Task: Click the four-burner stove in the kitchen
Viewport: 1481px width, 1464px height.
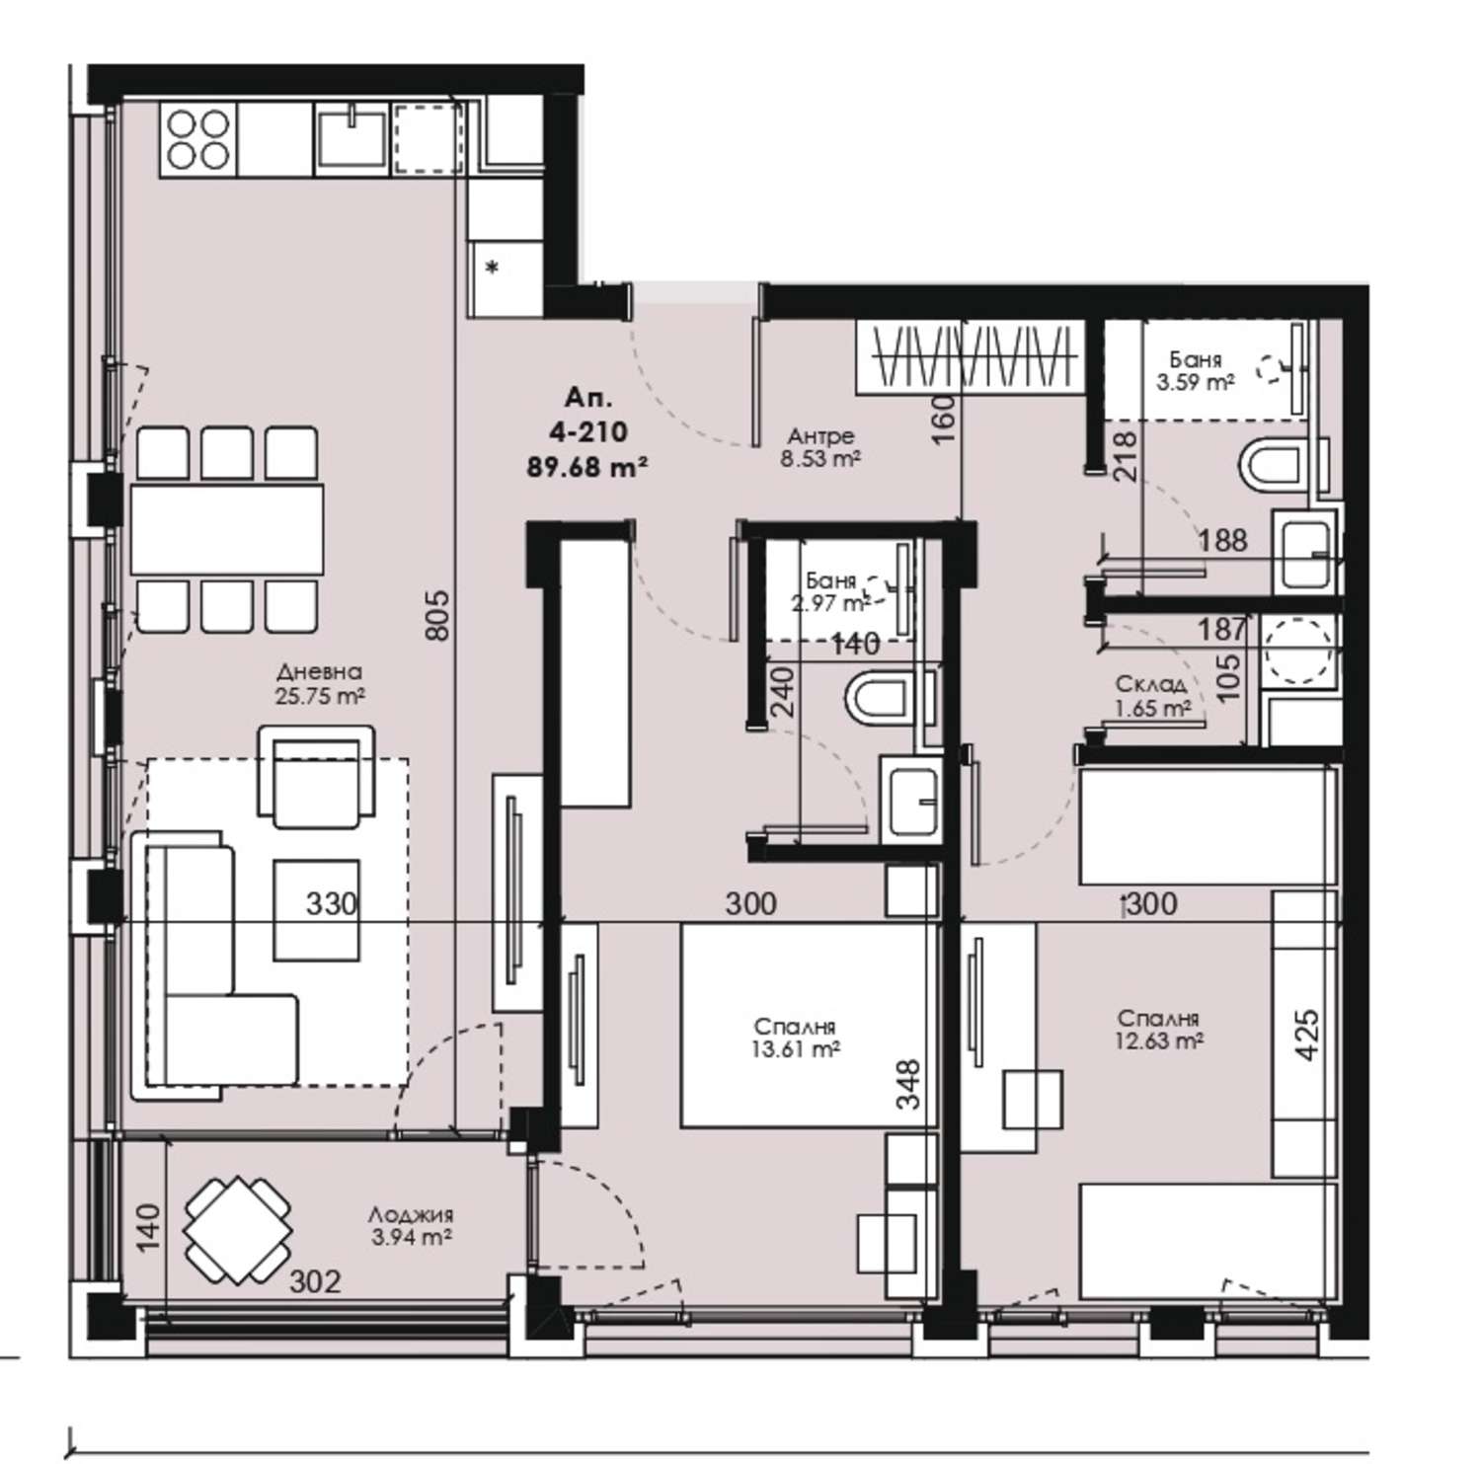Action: [198, 139]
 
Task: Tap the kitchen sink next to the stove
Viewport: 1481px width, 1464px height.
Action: [351, 139]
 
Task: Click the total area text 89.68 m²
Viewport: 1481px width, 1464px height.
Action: [587, 466]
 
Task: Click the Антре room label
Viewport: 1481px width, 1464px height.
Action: [820, 435]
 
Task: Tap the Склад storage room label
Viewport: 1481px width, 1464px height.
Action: [1150, 683]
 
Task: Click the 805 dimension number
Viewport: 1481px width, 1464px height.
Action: [438, 614]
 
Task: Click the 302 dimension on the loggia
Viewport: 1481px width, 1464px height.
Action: [316, 1282]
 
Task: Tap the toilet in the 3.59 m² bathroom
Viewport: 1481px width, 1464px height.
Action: [1271, 469]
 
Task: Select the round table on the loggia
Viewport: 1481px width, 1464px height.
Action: [237, 1230]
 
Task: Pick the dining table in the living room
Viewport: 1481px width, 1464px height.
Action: [227, 529]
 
